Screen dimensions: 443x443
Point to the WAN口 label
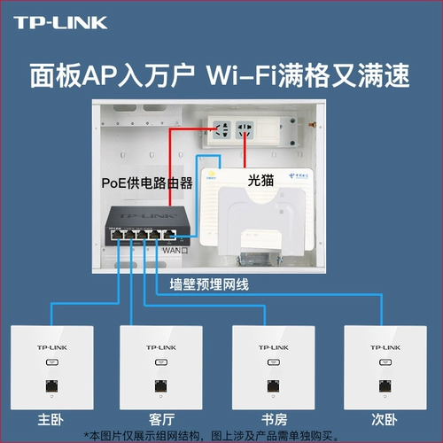175,250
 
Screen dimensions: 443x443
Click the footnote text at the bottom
221,434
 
